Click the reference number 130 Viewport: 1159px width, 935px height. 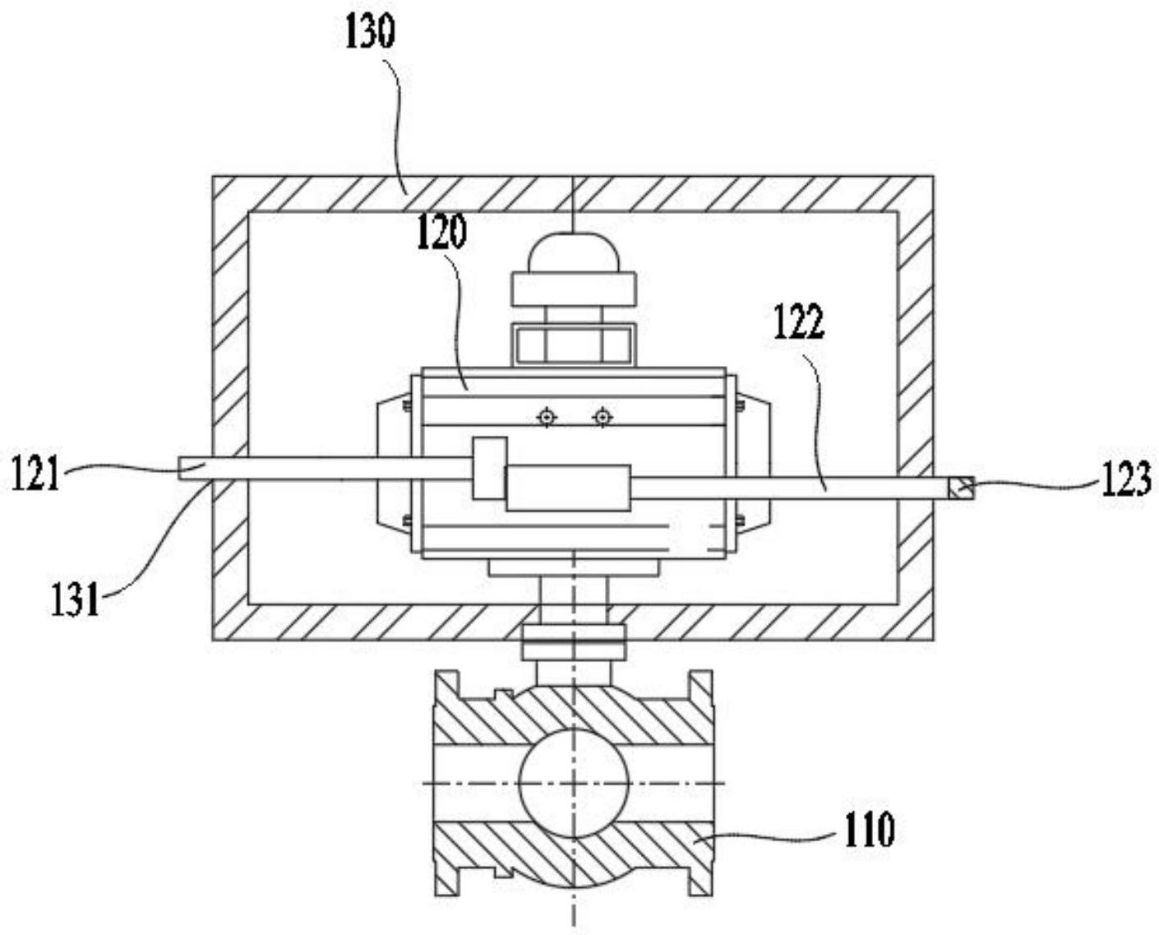click(369, 32)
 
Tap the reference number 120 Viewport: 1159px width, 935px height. click(441, 233)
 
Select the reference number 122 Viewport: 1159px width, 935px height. click(799, 322)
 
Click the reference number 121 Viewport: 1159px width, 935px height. click(35, 472)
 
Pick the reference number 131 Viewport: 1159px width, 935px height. click(76, 599)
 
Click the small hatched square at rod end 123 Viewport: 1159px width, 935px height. click(961, 489)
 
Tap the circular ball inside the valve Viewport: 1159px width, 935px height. click(574, 784)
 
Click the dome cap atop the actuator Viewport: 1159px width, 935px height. click(574, 252)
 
